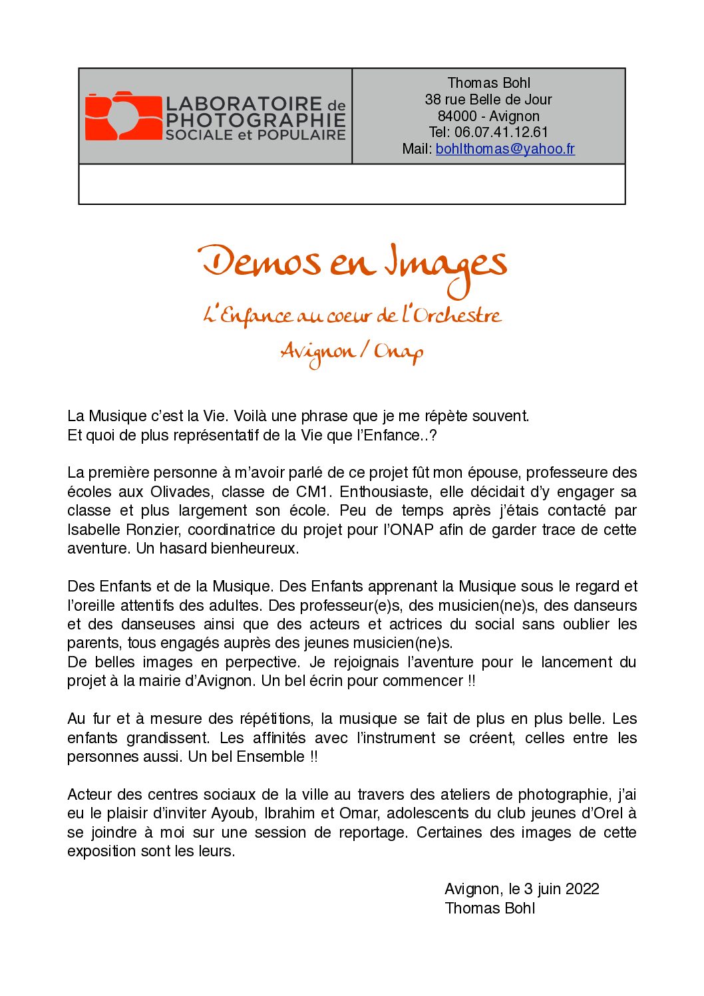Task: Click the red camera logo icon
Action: click(x=123, y=116)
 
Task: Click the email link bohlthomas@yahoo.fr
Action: click(x=505, y=149)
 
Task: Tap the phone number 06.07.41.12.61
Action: click(x=501, y=132)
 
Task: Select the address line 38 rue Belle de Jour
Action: click(x=488, y=100)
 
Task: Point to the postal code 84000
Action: click(x=457, y=116)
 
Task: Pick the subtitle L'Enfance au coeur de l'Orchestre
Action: click(x=352, y=315)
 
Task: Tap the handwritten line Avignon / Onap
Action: click(x=352, y=351)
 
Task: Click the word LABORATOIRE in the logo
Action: click(x=244, y=104)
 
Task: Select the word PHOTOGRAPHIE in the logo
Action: click(x=256, y=120)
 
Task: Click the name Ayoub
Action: click(x=233, y=814)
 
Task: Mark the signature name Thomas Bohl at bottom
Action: click(x=490, y=909)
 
